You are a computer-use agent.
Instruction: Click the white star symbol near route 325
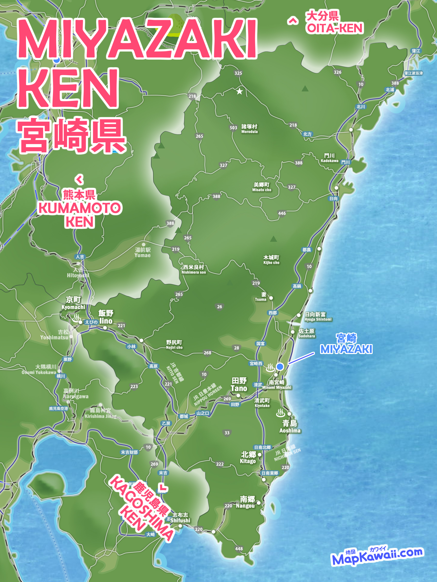(239, 91)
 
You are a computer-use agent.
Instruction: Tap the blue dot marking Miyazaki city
(280, 366)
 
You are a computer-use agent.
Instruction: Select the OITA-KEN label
(335, 28)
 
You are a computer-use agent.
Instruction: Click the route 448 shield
(239, 549)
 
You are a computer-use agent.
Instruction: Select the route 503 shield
(233, 128)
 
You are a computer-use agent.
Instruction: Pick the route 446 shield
(282, 213)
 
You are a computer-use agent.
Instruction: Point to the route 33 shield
(227, 433)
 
